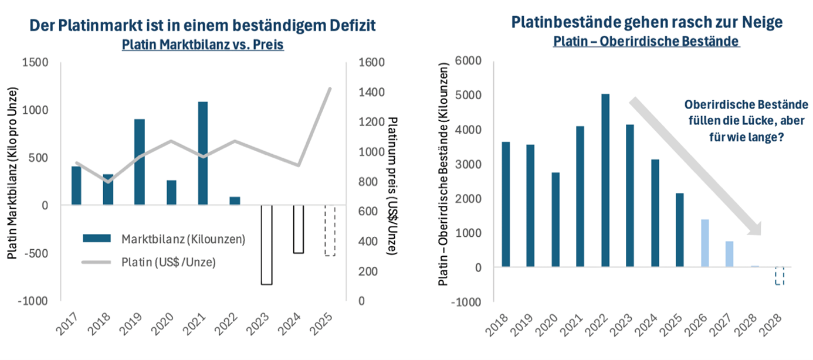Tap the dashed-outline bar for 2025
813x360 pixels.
pyautogui.click(x=330, y=230)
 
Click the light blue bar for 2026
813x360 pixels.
pyautogui.click(x=704, y=243)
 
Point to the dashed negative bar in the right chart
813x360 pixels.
pyautogui.click(x=779, y=276)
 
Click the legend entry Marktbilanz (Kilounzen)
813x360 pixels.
pyautogui.click(x=165, y=239)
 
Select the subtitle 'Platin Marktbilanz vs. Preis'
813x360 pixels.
pyautogui.click(x=202, y=45)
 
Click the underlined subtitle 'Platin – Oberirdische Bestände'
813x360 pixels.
pyautogui.click(x=646, y=42)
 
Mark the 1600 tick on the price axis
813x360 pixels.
pyautogui.click(x=371, y=63)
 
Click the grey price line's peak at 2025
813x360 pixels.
pyautogui.click(x=330, y=88)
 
